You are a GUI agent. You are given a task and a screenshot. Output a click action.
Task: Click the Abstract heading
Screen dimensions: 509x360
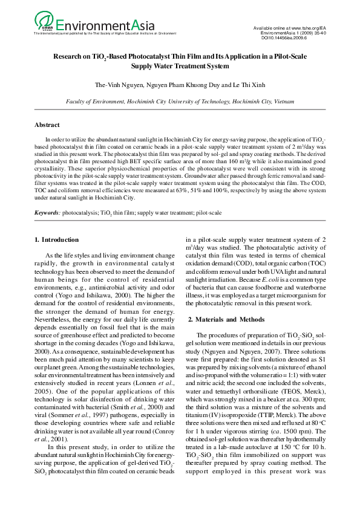coord(47,125)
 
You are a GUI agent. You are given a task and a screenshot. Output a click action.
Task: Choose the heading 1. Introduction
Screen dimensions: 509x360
coord(56,240)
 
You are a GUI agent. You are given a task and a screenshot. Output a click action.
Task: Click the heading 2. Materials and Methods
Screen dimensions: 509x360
coord(226,319)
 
